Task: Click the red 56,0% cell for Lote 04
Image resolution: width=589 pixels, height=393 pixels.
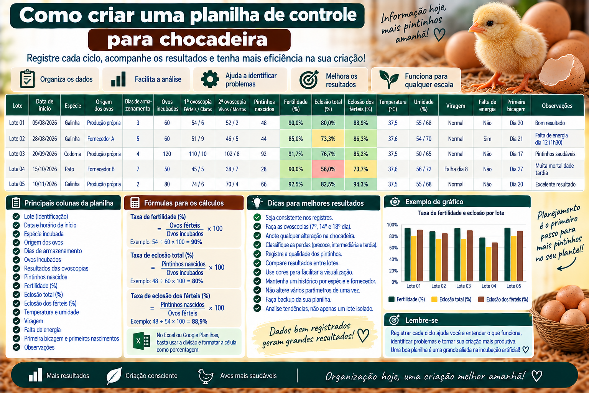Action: tap(328, 169)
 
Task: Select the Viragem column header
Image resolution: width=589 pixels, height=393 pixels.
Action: tap(456, 106)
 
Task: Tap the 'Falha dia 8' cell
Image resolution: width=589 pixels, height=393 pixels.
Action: tap(456, 169)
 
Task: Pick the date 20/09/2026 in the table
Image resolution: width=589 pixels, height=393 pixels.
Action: tap(44, 154)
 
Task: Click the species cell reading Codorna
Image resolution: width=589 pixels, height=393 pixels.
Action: tap(72, 154)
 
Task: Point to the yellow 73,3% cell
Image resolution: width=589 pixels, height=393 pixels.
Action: tap(328, 139)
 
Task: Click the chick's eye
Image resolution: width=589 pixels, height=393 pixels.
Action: tap(490, 24)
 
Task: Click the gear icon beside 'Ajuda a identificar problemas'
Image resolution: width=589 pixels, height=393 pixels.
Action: tap(210, 79)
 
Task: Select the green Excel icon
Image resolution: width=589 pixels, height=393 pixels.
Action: tap(141, 341)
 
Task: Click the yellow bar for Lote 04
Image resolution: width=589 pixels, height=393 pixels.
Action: tap(488, 264)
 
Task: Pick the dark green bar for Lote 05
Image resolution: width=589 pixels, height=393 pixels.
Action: tap(507, 254)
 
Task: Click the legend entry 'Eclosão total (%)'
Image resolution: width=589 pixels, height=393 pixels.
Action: tap(451, 299)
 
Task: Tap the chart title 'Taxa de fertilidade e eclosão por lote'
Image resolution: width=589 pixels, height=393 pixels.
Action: tap(461, 213)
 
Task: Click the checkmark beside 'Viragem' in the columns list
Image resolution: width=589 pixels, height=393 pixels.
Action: tap(16, 321)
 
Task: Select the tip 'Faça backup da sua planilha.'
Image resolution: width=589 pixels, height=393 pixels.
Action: tap(298, 300)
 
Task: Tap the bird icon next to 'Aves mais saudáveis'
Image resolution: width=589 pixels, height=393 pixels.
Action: tap(206, 376)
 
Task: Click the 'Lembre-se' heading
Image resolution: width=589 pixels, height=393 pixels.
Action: tap(421, 320)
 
